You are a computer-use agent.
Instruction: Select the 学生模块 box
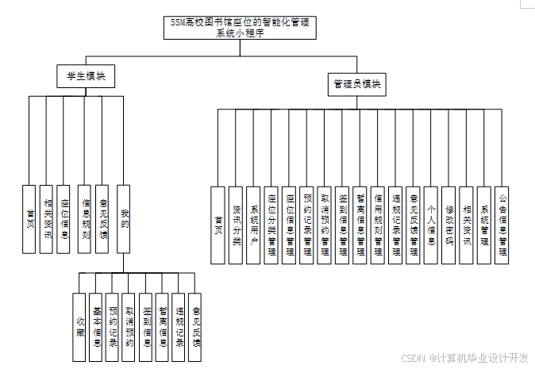(x=87, y=76)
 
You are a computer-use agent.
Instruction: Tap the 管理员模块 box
(x=357, y=83)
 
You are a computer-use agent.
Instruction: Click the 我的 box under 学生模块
(x=123, y=219)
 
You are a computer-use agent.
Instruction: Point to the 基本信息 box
(x=96, y=327)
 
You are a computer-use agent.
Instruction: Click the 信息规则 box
(x=86, y=219)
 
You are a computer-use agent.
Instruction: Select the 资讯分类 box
(x=237, y=225)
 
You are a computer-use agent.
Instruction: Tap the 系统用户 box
(x=254, y=225)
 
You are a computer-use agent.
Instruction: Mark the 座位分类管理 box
(x=271, y=225)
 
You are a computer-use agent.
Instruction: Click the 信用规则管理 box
(x=379, y=225)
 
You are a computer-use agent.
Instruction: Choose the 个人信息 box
(x=431, y=225)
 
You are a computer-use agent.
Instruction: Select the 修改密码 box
(x=449, y=225)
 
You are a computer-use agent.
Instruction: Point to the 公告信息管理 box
(x=502, y=225)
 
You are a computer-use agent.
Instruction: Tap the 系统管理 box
(x=485, y=225)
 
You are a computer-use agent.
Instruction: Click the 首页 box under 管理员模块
(x=218, y=225)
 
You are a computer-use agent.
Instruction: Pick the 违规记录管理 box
(x=396, y=225)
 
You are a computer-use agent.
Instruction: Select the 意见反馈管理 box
(x=414, y=225)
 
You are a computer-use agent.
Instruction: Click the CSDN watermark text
(x=465, y=358)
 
